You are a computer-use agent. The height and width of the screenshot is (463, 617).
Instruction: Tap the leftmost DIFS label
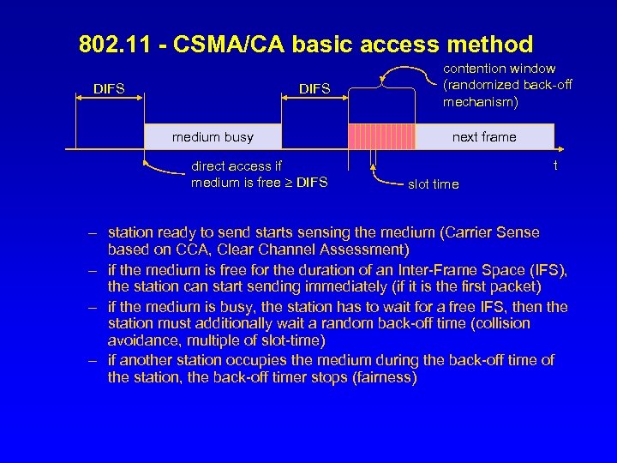click(109, 87)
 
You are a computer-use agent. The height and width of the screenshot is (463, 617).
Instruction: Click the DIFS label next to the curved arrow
click(314, 88)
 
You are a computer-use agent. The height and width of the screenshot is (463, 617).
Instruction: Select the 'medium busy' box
click(213, 136)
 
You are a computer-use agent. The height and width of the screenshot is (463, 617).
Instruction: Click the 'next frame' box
click(484, 136)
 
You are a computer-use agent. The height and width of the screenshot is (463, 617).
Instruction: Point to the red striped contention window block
click(380, 136)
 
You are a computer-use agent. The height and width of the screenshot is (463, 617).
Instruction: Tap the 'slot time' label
click(433, 184)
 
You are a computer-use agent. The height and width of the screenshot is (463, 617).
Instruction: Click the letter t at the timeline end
click(555, 165)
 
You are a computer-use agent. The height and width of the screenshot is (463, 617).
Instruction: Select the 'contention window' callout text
click(499, 69)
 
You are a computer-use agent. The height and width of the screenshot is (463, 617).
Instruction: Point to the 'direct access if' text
click(237, 166)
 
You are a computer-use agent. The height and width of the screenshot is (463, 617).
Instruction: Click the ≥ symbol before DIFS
click(287, 182)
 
